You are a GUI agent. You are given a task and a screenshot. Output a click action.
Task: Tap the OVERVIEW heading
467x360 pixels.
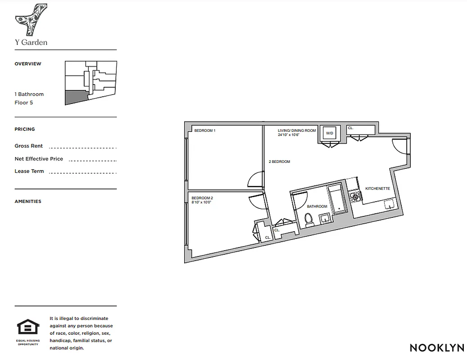[28, 64]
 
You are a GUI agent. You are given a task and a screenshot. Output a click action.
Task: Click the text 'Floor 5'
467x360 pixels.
[24, 103]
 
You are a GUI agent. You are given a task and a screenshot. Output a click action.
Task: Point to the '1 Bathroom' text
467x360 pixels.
[29, 94]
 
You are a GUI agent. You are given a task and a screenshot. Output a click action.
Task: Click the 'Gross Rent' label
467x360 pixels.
[29, 146]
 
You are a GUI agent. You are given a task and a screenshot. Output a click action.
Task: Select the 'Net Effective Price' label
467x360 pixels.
[39, 159]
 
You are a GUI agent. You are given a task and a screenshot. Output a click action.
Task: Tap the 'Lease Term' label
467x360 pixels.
[29, 171]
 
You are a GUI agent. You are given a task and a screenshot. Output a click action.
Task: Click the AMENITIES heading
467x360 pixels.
[28, 202]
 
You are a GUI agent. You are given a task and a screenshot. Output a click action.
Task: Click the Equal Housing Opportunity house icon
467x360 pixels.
[27, 327]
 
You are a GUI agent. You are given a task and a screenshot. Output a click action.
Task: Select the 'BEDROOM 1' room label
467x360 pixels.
[204, 131]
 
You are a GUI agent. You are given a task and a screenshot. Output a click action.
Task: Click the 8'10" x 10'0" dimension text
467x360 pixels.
[201, 202]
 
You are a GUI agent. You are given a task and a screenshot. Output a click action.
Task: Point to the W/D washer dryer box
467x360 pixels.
[330, 133]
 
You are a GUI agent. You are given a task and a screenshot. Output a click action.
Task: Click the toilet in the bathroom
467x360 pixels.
[309, 219]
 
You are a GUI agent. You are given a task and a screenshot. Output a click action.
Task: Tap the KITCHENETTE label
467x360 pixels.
[377, 189]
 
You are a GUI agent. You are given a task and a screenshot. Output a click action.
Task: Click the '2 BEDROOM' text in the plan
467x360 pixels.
[279, 162]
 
